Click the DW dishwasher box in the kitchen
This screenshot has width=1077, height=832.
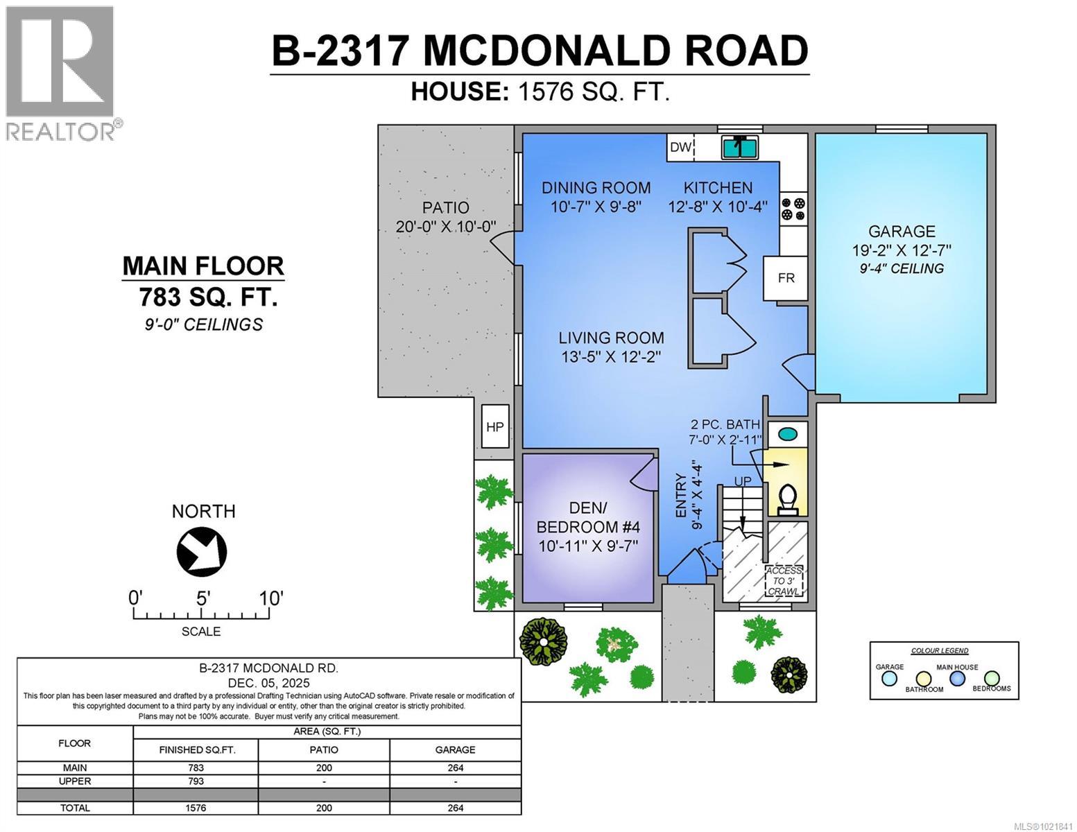click(680, 147)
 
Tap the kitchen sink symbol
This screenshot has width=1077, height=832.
click(741, 147)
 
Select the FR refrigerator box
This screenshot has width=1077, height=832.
click(786, 278)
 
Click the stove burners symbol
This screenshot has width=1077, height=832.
click(793, 209)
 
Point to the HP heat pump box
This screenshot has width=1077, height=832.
click(495, 426)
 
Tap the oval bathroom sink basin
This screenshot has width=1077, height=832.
click(788, 435)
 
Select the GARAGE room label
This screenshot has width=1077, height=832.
click(902, 232)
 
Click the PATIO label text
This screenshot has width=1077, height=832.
click(446, 207)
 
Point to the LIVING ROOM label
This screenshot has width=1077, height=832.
click(611, 338)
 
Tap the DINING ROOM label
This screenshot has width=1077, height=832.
click(596, 188)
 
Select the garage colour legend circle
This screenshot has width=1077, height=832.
click(889, 679)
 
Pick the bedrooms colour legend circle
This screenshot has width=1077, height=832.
click(992, 677)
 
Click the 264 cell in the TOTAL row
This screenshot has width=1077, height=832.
click(455, 807)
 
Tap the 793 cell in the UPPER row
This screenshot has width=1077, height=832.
click(196, 781)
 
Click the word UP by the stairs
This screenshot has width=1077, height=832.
click(743, 481)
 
